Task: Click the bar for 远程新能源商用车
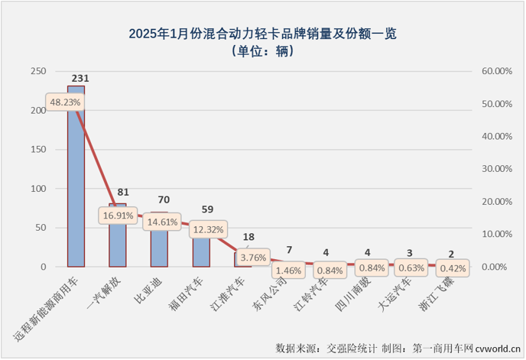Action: (76, 191)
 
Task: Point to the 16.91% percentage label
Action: (117, 216)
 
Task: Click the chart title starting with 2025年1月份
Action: (262, 34)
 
